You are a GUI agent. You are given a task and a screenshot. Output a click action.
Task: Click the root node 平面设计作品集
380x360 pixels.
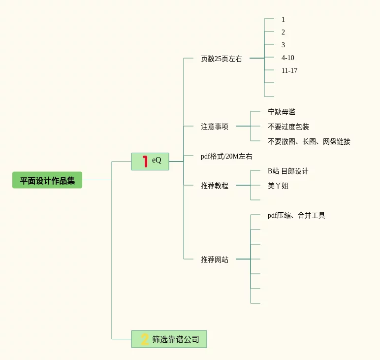47,180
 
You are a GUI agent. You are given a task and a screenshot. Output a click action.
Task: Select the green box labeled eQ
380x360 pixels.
150,161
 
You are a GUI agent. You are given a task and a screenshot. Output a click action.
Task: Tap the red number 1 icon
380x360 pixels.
145,161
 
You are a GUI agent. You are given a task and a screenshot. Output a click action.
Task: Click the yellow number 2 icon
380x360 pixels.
145,339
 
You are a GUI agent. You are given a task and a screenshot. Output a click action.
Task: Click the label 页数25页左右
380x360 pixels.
221,59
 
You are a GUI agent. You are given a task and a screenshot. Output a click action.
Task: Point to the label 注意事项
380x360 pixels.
214,127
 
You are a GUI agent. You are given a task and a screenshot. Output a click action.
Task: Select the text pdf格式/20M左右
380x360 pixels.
226,156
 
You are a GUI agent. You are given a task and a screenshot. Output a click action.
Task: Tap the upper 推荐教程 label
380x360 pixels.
214,186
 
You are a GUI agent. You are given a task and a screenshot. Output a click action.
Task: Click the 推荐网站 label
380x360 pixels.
214,260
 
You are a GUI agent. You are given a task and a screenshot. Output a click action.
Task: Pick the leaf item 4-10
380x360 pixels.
287,58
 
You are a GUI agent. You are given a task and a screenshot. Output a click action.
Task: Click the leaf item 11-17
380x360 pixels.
289,70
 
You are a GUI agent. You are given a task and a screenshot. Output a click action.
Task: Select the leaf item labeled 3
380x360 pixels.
283,45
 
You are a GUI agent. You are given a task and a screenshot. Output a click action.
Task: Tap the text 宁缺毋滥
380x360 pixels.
281,112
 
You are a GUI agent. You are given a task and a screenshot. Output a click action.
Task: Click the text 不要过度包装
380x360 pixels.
288,127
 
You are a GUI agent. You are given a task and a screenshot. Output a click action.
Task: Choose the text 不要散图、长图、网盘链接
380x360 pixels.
309,141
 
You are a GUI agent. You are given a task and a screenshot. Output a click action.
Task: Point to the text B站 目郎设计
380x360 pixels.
287,171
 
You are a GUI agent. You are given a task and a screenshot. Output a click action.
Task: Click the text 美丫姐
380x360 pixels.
278,186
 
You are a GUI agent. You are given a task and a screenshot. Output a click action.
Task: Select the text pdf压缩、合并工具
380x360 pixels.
296,215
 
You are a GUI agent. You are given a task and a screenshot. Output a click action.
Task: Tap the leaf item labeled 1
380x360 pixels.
283,19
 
